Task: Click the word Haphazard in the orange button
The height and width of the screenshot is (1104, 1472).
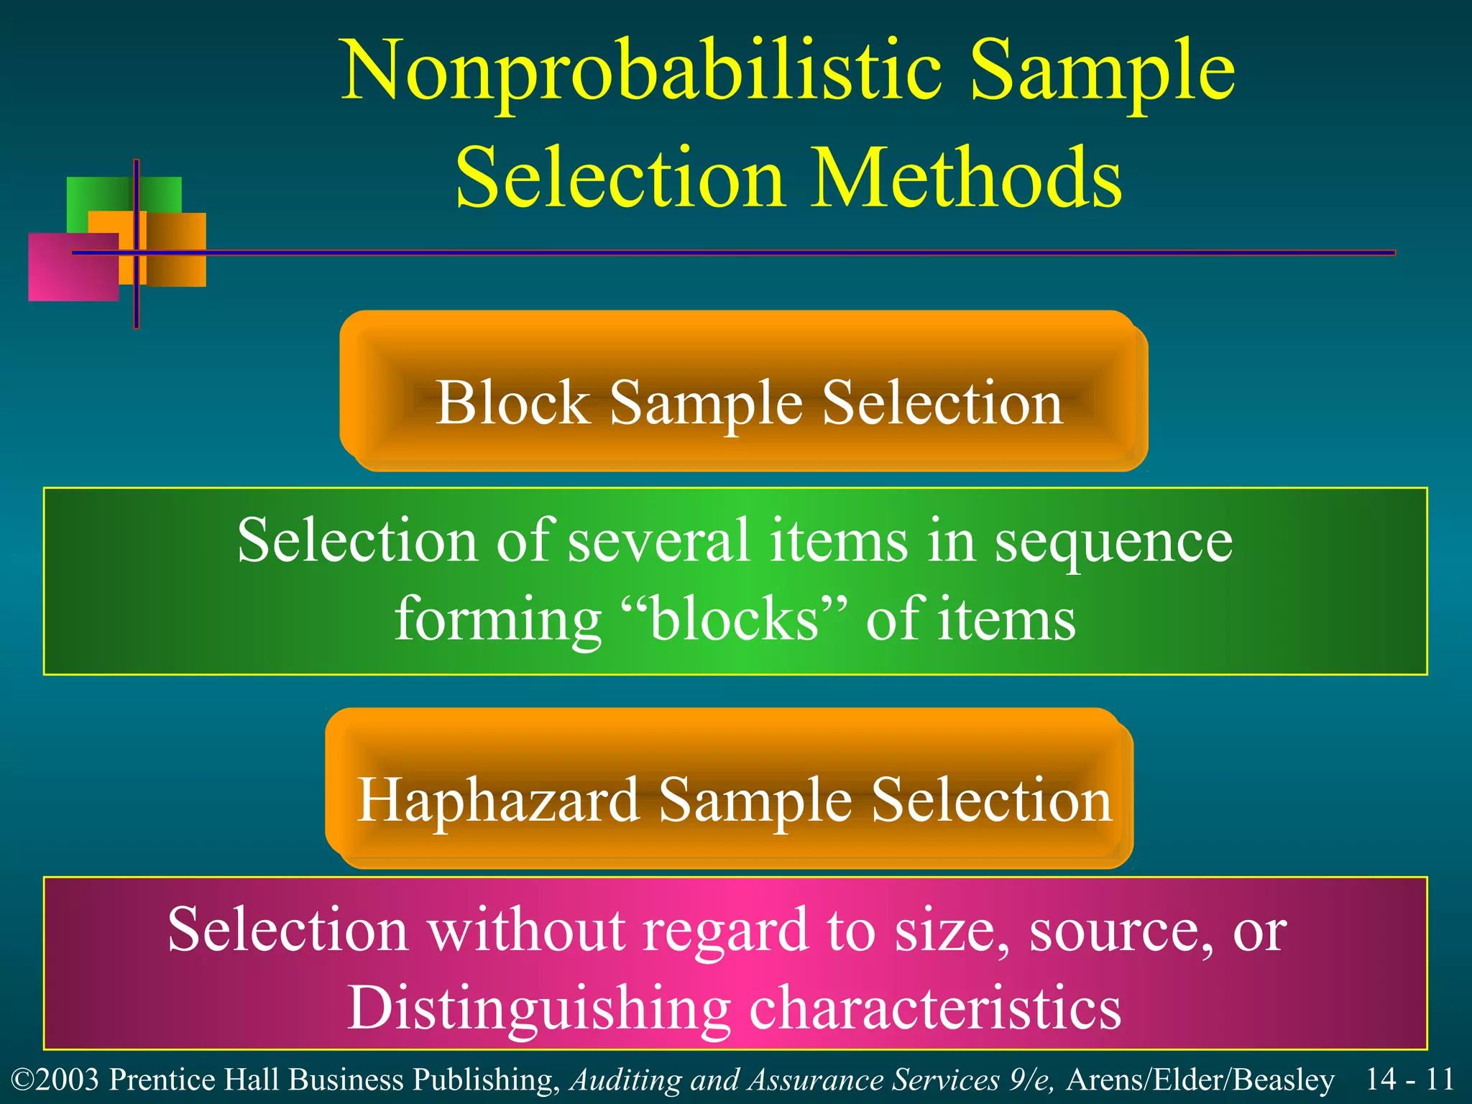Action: (x=498, y=800)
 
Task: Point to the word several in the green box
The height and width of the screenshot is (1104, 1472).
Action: (x=658, y=540)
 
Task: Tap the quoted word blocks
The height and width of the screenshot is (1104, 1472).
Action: (x=734, y=619)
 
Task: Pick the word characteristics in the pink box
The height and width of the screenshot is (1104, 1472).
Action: (x=935, y=1008)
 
